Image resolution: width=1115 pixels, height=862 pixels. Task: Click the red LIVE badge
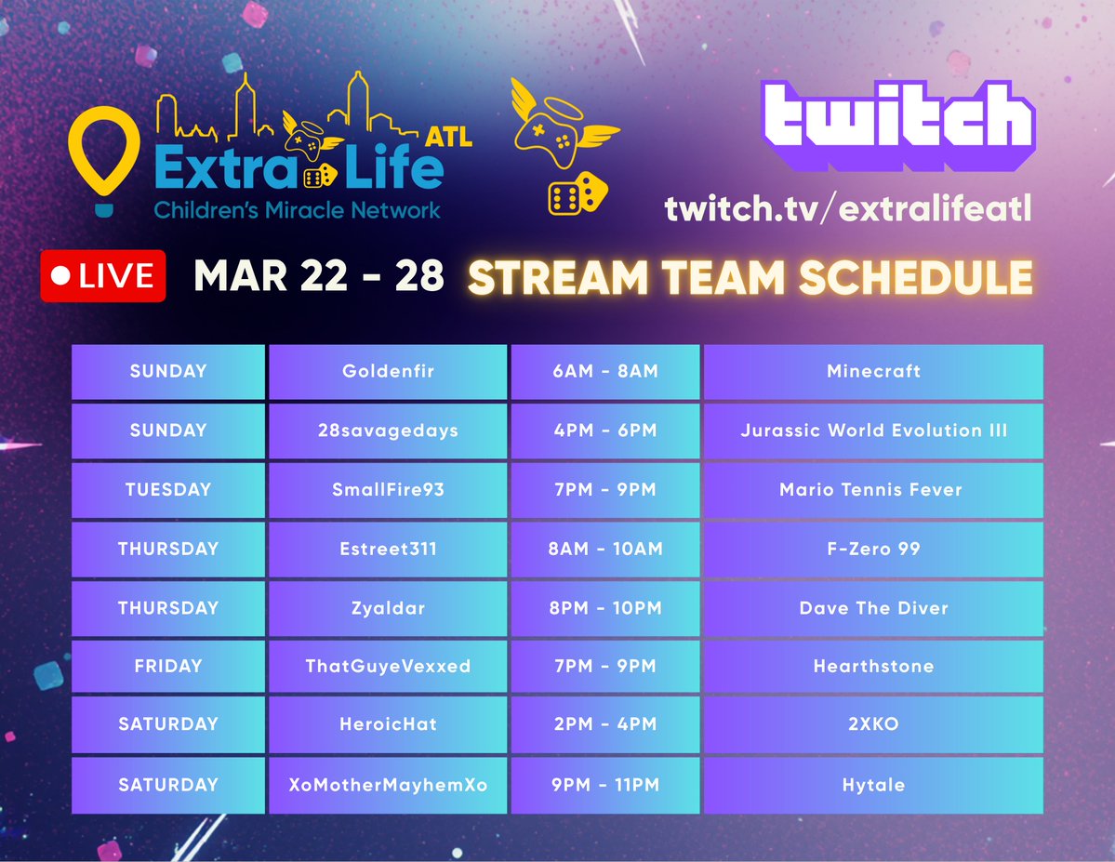coord(102,276)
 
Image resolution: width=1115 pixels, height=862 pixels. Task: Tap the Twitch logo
coord(897,126)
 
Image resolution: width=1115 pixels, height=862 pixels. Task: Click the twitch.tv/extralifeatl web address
coord(848,208)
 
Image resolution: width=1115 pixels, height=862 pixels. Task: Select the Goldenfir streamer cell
coord(388,372)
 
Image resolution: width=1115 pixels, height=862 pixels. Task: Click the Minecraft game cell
coord(873,372)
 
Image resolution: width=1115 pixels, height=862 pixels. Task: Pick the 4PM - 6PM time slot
coord(604,431)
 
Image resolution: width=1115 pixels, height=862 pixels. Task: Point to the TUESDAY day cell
coord(168,489)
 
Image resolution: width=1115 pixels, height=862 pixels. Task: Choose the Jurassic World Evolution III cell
coord(873,431)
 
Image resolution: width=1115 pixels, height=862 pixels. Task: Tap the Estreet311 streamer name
coord(388,549)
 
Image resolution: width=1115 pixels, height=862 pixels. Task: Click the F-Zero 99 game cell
coord(873,549)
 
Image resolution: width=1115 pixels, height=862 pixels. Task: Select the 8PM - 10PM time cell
coord(604,608)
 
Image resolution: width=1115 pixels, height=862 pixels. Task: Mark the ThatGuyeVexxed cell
coord(388,666)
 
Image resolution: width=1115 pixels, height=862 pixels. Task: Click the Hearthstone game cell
coord(873,666)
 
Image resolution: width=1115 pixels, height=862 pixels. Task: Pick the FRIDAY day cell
coord(168,666)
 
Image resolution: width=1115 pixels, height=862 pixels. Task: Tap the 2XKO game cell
coord(873,723)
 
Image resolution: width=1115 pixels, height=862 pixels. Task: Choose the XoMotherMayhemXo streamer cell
coord(388,785)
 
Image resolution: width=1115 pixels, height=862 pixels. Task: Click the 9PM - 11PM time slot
coord(604,785)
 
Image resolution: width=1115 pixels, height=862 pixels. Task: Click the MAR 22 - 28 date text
coord(318,276)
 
